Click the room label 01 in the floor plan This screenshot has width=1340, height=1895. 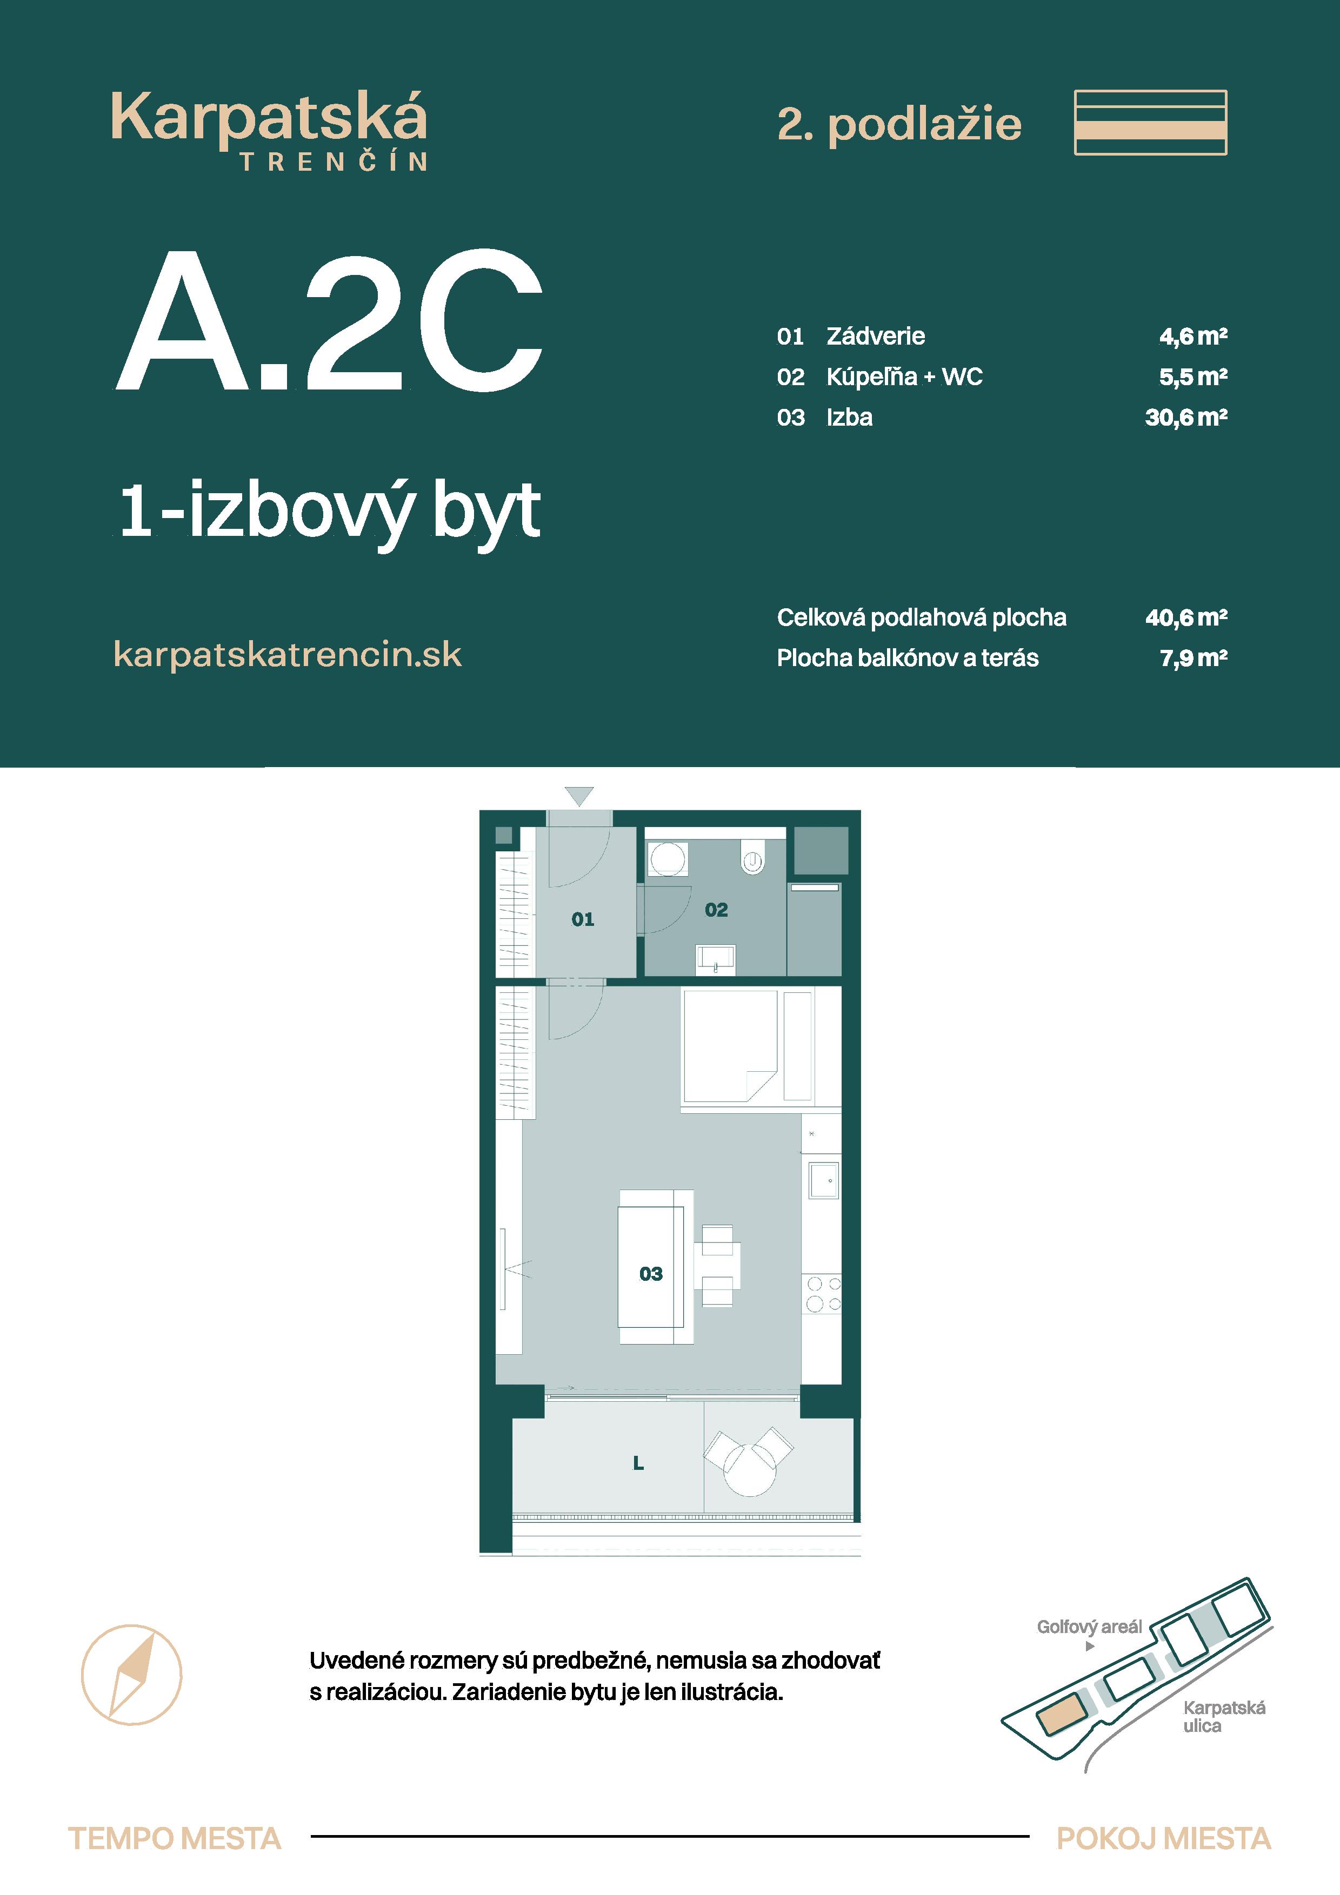[x=582, y=919]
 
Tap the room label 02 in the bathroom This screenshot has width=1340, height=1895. [x=716, y=910]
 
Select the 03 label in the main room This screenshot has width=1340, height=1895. [x=651, y=1274]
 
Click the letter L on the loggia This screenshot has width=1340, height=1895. [x=638, y=1463]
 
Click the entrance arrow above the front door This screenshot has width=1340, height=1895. [x=579, y=796]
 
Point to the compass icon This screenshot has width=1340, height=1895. [x=131, y=1675]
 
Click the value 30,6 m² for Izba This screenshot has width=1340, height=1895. [x=1185, y=418]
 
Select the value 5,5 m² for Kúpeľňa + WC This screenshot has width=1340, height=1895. [x=1192, y=377]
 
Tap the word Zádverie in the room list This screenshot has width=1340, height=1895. [x=875, y=336]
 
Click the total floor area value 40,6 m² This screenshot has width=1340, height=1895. [x=1185, y=617]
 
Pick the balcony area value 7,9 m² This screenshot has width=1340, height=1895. [x=1192, y=658]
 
